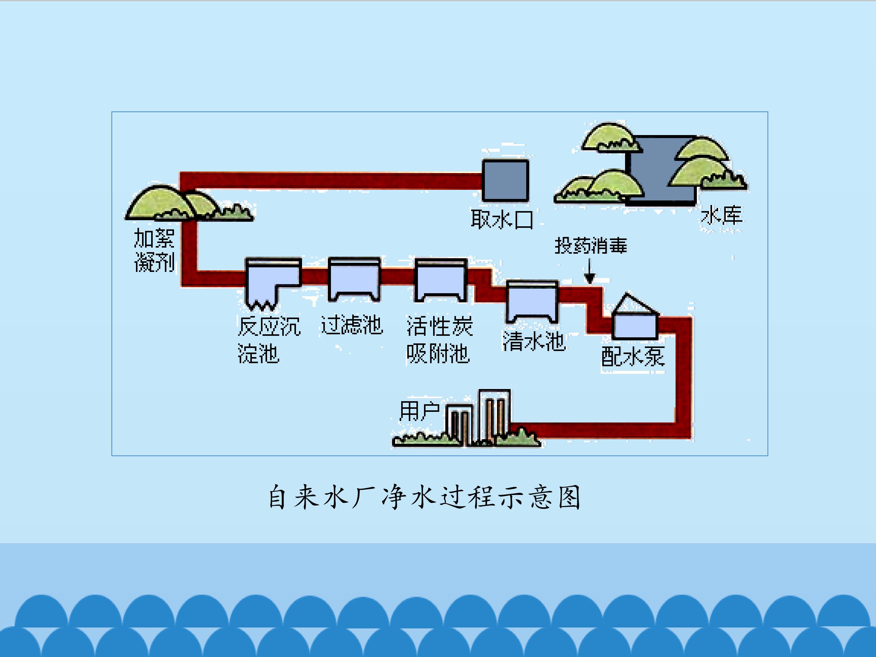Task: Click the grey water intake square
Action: (505, 181)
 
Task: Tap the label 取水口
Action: (502, 219)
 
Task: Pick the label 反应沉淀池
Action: (269, 339)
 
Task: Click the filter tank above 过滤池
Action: (354, 279)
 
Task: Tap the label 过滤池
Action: (352, 325)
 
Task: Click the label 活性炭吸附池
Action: (439, 339)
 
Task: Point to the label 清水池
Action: (534, 341)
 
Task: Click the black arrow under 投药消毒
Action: (590, 271)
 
